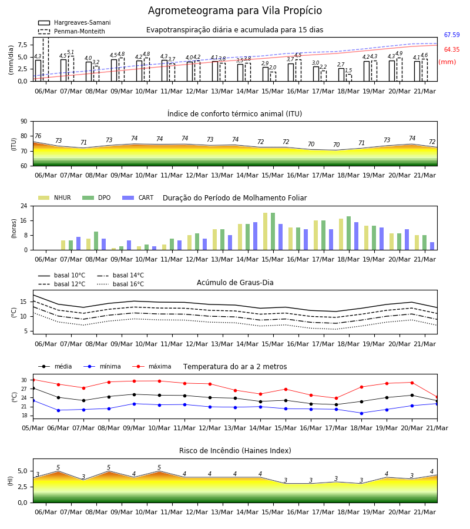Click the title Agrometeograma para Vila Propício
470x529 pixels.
[234, 11]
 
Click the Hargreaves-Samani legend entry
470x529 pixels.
[74, 22]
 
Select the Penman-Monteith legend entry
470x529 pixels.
[72, 31]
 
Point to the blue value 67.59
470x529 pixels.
[452, 35]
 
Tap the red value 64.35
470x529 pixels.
[452, 49]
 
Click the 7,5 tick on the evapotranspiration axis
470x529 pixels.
[22, 45]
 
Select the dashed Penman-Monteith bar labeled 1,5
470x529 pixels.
[349, 78]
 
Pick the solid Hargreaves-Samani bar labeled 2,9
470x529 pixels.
[266, 74]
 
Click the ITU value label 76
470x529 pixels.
[38, 136]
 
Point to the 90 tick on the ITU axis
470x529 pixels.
[24, 122]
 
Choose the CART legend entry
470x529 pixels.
[138, 197]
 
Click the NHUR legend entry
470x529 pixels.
[55, 197]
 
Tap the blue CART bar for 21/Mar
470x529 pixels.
[432, 246]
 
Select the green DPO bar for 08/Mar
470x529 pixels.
[96, 241]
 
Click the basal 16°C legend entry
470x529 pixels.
[120, 284]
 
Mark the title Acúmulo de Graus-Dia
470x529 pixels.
[235, 283]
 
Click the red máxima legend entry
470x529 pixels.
[152, 366]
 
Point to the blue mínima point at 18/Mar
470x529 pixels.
[362, 413]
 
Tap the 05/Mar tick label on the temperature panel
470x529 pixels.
[33, 428]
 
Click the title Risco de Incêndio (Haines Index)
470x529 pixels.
[235, 451]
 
